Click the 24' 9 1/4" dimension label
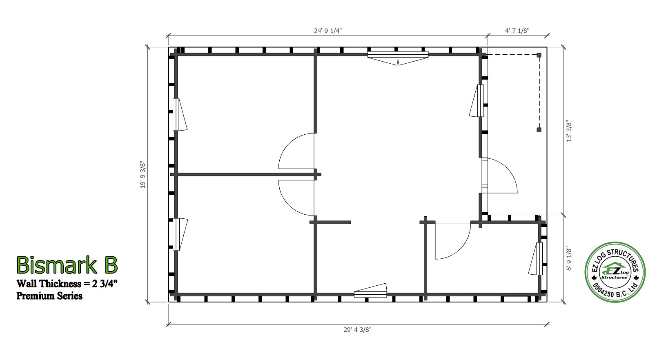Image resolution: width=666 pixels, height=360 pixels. [x=328, y=31]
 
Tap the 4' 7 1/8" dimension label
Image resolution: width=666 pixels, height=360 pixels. [x=517, y=31]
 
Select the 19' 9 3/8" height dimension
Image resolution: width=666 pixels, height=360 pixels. [x=143, y=175]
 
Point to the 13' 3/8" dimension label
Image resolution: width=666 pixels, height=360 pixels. [x=569, y=131]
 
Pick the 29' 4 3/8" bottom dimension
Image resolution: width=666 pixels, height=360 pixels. [x=358, y=330]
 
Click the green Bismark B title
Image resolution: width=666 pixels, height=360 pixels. [x=67, y=265]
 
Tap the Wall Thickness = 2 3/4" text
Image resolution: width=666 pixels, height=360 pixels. [x=67, y=284]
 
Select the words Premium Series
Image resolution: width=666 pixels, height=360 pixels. [x=49, y=296]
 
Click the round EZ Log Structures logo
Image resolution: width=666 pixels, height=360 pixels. [x=615, y=272]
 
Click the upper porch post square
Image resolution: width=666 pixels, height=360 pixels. [x=539, y=55]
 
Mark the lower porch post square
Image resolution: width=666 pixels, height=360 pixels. [x=539, y=130]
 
